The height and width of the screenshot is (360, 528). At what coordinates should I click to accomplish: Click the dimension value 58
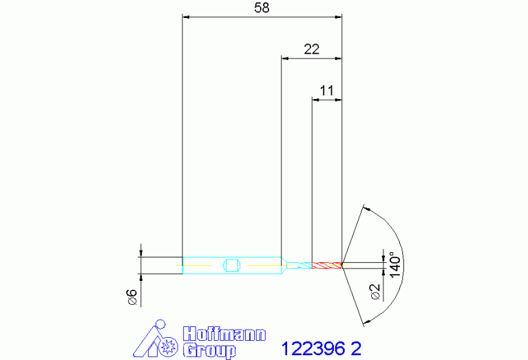[x=262, y=8]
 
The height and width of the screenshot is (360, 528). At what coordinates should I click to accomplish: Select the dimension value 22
[x=311, y=50]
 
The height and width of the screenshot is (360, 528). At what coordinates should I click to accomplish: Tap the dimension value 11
[x=326, y=91]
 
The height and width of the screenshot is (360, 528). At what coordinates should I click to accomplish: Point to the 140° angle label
[x=395, y=265]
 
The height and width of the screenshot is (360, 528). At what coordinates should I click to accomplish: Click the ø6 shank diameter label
[x=132, y=297]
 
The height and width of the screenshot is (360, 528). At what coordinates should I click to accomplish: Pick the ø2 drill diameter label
[x=374, y=292]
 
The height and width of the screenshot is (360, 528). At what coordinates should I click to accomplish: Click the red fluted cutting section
[x=327, y=266]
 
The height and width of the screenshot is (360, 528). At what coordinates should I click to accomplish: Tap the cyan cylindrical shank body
[x=232, y=266]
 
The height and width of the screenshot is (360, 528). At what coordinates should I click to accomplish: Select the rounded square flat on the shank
[x=231, y=266]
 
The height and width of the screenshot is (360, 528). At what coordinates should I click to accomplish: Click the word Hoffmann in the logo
[x=224, y=334]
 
